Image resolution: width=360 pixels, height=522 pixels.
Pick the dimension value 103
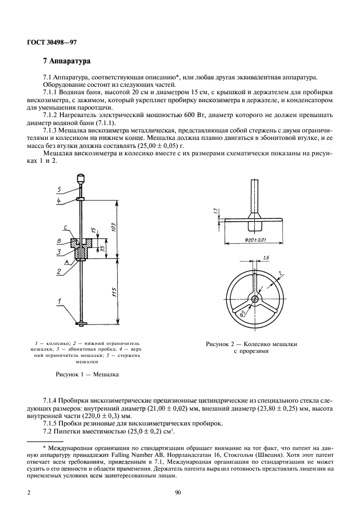(x=114, y=226)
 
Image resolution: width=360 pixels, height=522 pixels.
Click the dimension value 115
(x=114, y=291)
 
